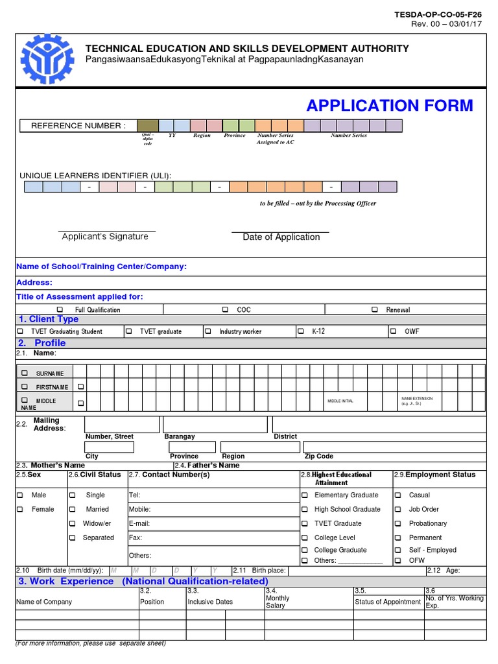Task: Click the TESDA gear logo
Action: point(47,59)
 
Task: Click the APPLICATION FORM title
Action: point(390,106)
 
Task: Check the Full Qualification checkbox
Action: point(60,310)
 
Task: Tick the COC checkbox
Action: point(226,310)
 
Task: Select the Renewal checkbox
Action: point(375,310)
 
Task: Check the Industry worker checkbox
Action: point(208,331)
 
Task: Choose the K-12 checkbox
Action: point(301,331)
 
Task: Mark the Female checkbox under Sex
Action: point(21,509)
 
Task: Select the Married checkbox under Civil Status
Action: point(73,509)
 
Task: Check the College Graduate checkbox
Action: point(305,550)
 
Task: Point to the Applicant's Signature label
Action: point(105,237)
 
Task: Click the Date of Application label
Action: point(281,237)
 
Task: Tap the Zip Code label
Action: point(318,456)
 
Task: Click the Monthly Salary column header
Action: point(278,602)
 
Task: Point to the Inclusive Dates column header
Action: point(209,602)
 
